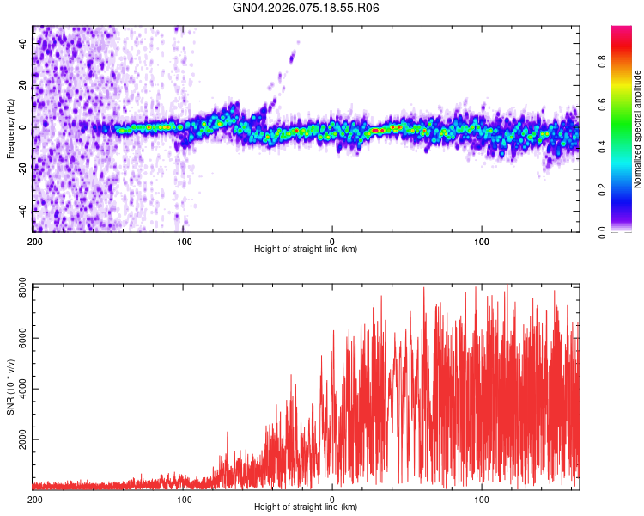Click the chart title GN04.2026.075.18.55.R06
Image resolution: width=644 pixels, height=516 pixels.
click(307, 8)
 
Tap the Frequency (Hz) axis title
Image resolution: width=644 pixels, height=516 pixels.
click(10, 127)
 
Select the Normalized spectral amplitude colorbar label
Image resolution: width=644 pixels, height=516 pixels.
click(638, 129)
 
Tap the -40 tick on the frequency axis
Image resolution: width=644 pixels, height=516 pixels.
click(22, 211)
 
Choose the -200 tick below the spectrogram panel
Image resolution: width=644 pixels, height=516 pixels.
click(33, 240)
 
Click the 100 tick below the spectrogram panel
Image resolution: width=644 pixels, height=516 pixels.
click(482, 240)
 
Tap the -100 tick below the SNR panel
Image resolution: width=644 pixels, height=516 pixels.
click(183, 499)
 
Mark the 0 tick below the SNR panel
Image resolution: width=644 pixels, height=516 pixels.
click(332, 499)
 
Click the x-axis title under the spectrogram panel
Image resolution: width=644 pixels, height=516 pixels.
click(306, 249)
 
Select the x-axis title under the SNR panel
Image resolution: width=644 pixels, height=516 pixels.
click(306, 507)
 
